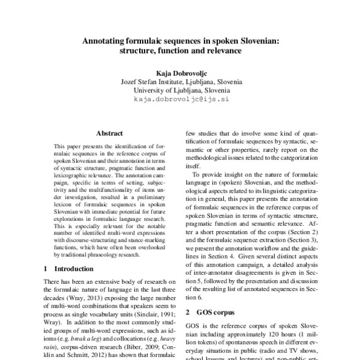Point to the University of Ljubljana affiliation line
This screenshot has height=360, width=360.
(x=179, y=91)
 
